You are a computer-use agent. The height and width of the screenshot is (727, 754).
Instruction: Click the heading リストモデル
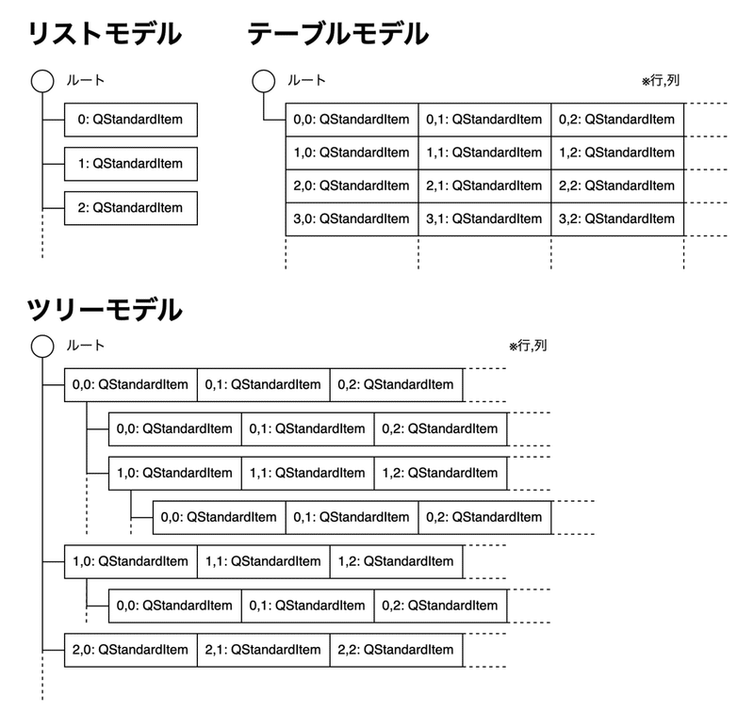(104, 35)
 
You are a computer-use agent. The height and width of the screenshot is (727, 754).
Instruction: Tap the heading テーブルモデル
(337, 35)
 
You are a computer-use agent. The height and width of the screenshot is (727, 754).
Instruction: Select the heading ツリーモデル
(104, 309)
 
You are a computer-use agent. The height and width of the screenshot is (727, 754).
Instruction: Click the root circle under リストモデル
(42, 81)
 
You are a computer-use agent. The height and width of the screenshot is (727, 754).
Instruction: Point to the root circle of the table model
(263, 81)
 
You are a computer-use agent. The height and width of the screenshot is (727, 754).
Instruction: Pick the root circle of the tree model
(42, 347)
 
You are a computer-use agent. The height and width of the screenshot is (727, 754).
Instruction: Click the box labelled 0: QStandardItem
(130, 120)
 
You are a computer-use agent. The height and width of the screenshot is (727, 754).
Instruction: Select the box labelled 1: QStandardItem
(130, 164)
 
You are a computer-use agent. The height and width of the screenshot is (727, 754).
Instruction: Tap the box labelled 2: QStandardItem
(130, 208)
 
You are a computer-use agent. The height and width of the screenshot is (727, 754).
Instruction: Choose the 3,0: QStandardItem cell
(352, 218)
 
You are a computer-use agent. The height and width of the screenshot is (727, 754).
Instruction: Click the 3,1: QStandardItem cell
(484, 218)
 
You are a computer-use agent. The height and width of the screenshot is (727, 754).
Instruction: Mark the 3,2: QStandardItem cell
(617, 218)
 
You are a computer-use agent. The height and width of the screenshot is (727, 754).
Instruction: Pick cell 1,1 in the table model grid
(484, 153)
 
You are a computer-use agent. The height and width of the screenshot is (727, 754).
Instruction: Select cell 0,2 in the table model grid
(617, 120)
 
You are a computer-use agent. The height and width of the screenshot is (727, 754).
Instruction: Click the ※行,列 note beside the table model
(661, 81)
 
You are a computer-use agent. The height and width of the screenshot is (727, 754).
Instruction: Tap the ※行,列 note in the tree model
(528, 347)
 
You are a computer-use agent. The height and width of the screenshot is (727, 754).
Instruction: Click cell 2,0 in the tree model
(130, 650)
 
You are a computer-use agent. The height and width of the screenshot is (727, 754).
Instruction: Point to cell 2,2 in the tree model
(396, 650)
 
